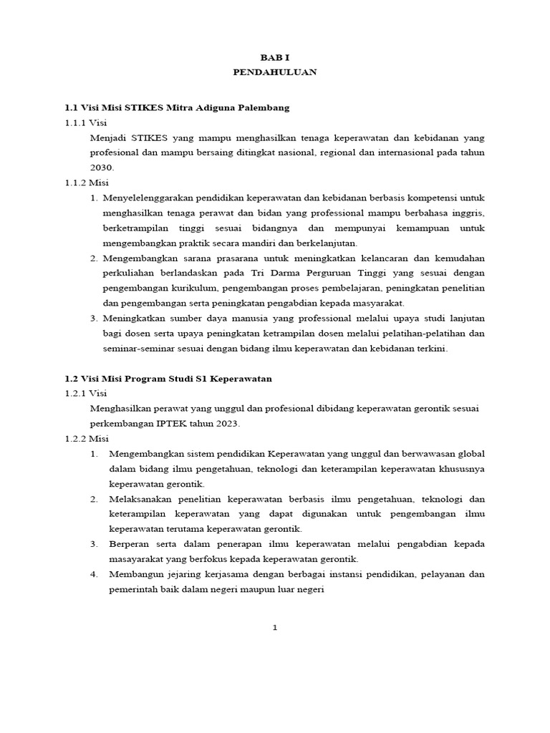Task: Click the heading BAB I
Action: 274,57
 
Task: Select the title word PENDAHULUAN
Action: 274,72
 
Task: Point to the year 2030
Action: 102,167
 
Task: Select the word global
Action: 470,454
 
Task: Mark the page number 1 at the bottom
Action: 274,628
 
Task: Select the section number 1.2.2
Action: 75,438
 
